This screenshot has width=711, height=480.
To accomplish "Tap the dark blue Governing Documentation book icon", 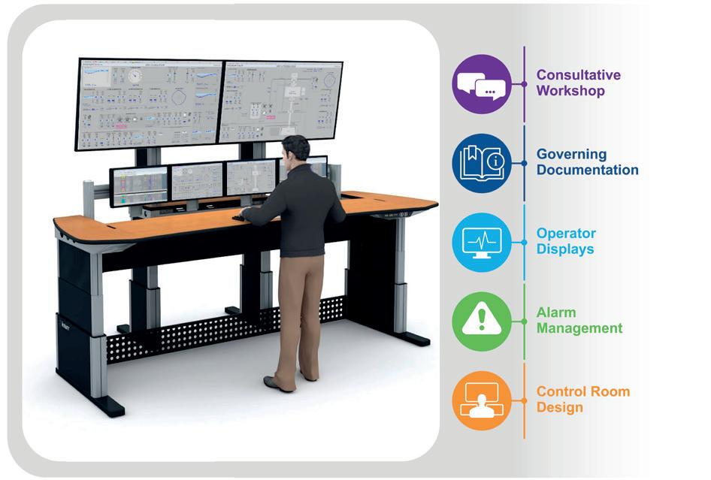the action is pyautogui.click(x=482, y=163).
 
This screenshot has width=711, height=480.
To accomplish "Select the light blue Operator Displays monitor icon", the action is pyautogui.click(x=482, y=242).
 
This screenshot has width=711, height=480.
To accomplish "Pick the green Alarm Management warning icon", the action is pyautogui.click(x=482, y=321).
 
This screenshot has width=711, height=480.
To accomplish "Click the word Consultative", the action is pyautogui.click(x=578, y=75).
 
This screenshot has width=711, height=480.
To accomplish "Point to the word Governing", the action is pyautogui.click(x=571, y=155).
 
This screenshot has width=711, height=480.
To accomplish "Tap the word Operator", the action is pyautogui.click(x=566, y=234).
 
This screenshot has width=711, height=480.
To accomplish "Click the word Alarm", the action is pyautogui.click(x=556, y=312).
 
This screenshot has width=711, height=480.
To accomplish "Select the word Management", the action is pyautogui.click(x=579, y=328).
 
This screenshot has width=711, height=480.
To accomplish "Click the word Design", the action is pyautogui.click(x=559, y=408).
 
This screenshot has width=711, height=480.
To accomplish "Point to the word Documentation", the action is pyautogui.click(x=587, y=171).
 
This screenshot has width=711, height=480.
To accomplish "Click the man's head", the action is pyautogui.click(x=295, y=149).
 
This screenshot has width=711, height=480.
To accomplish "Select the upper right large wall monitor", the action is pyautogui.click(x=280, y=101).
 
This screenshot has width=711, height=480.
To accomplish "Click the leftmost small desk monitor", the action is pyautogui.click(x=139, y=186).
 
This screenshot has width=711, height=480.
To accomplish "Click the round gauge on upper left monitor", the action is pyautogui.click(x=135, y=77).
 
